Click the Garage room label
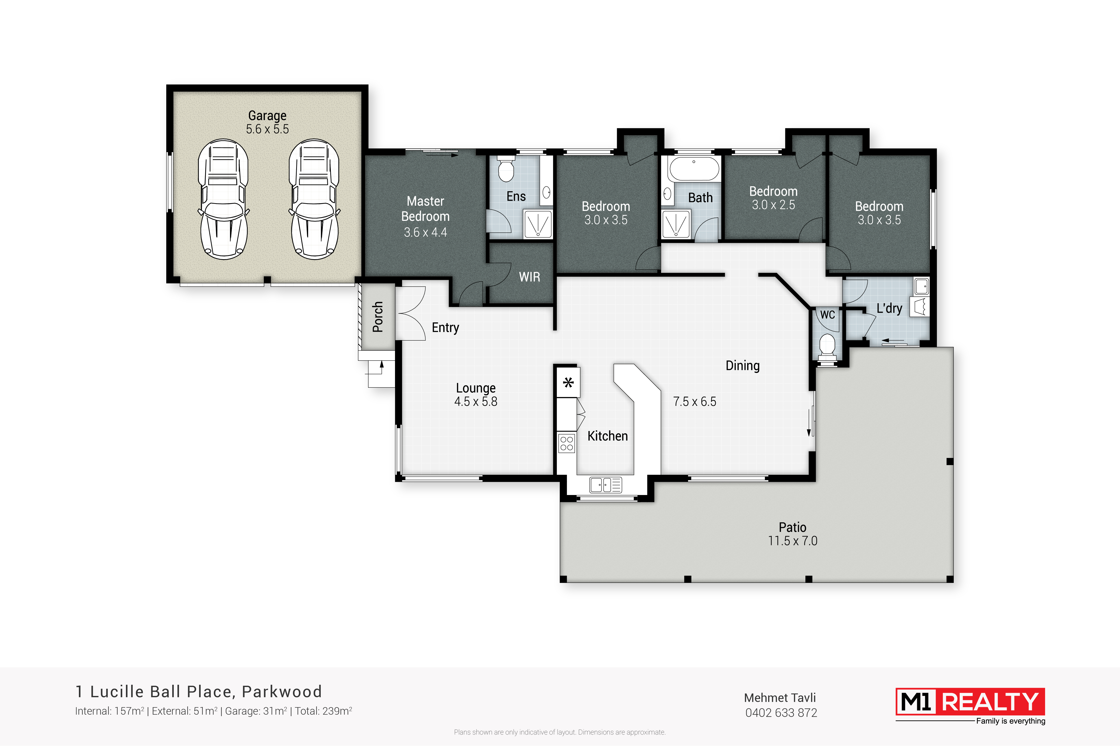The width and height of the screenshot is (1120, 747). (x=267, y=116)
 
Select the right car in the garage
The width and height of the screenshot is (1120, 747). (x=314, y=199)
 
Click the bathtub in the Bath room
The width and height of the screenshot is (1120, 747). (x=694, y=169)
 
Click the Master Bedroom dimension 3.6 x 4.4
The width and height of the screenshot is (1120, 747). (x=425, y=233)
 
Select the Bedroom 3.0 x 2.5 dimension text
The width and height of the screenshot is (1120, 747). (x=773, y=205)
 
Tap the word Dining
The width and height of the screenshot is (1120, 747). (x=742, y=366)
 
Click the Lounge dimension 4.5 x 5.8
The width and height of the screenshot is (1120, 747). (x=476, y=402)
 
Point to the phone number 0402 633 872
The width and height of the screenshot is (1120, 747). (x=781, y=713)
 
